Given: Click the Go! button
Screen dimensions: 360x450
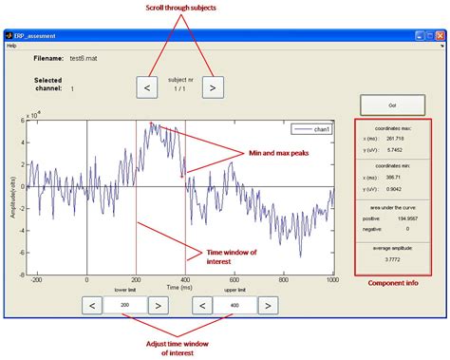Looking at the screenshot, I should pos(391,104).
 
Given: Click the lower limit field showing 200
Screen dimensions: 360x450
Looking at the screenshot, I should pos(125,305).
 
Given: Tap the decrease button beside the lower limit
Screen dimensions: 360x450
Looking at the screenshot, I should pos(92,305).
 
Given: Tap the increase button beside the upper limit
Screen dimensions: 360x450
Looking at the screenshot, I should pos(269,305).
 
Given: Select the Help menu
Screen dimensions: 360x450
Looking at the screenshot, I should pos(11,45).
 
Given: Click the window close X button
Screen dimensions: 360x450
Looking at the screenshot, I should pos(441,34).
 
